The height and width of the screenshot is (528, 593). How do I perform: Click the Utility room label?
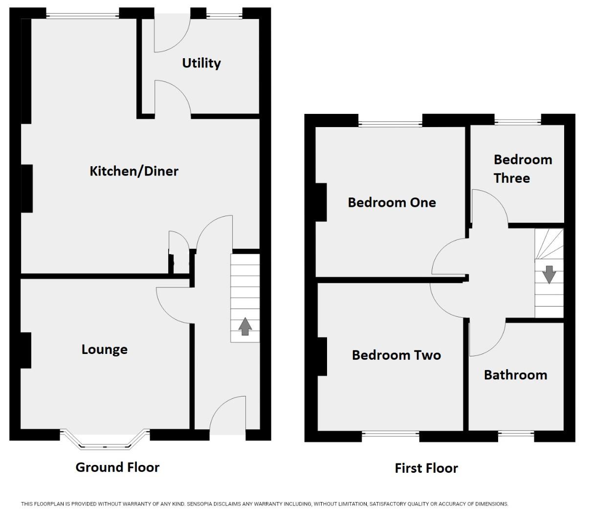(201, 63)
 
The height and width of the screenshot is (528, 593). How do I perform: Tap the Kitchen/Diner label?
(134, 171)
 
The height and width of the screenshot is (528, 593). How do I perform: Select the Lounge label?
(104, 350)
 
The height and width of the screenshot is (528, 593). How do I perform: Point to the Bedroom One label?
(392, 202)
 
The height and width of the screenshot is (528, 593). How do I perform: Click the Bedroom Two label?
(396, 355)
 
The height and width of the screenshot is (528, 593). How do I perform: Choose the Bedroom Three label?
(522, 169)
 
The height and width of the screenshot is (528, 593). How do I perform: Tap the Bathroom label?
(515, 375)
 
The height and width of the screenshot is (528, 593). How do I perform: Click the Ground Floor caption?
(117, 467)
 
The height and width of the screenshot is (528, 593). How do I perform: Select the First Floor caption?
(426, 468)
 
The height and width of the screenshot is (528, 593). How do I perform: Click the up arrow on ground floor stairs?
(245, 326)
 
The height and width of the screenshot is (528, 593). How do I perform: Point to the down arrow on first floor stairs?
(549, 274)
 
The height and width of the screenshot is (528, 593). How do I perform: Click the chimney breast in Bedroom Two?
(322, 357)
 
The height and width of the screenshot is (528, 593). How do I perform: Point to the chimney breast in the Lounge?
(26, 350)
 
